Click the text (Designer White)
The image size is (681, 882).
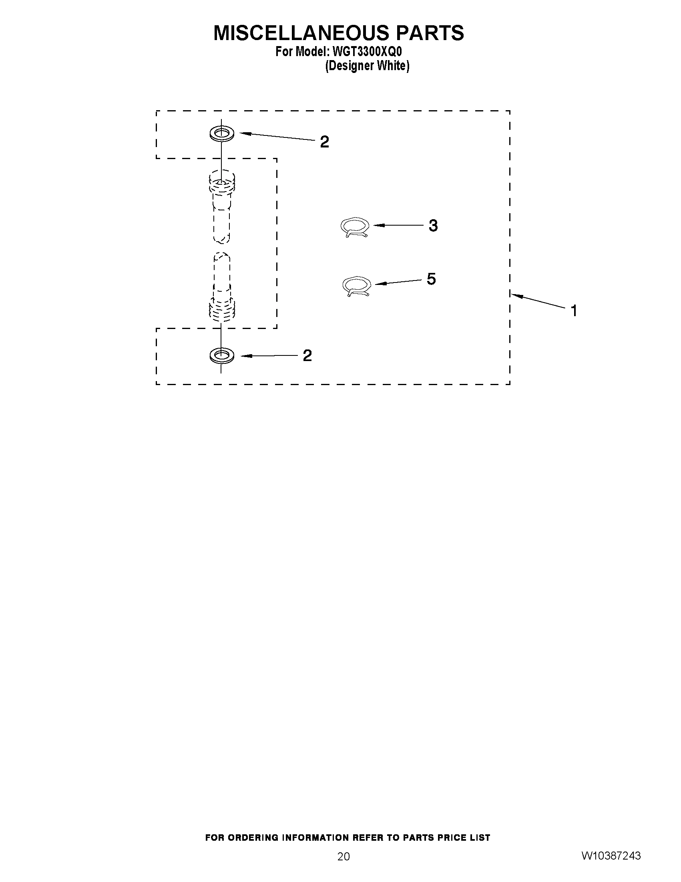[x=367, y=66]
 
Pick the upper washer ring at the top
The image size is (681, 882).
[x=221, y=133]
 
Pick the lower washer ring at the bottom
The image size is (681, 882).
[x=221, y=355]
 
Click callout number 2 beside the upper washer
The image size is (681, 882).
[x=324, y=142]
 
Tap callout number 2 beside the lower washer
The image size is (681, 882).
[x=307, y=355]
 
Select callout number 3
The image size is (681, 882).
[x=433, y=226]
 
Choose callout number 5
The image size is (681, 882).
[x=431, y=279]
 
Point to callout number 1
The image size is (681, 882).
[x=573, y=311]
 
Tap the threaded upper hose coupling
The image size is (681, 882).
[x=221, y=183]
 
